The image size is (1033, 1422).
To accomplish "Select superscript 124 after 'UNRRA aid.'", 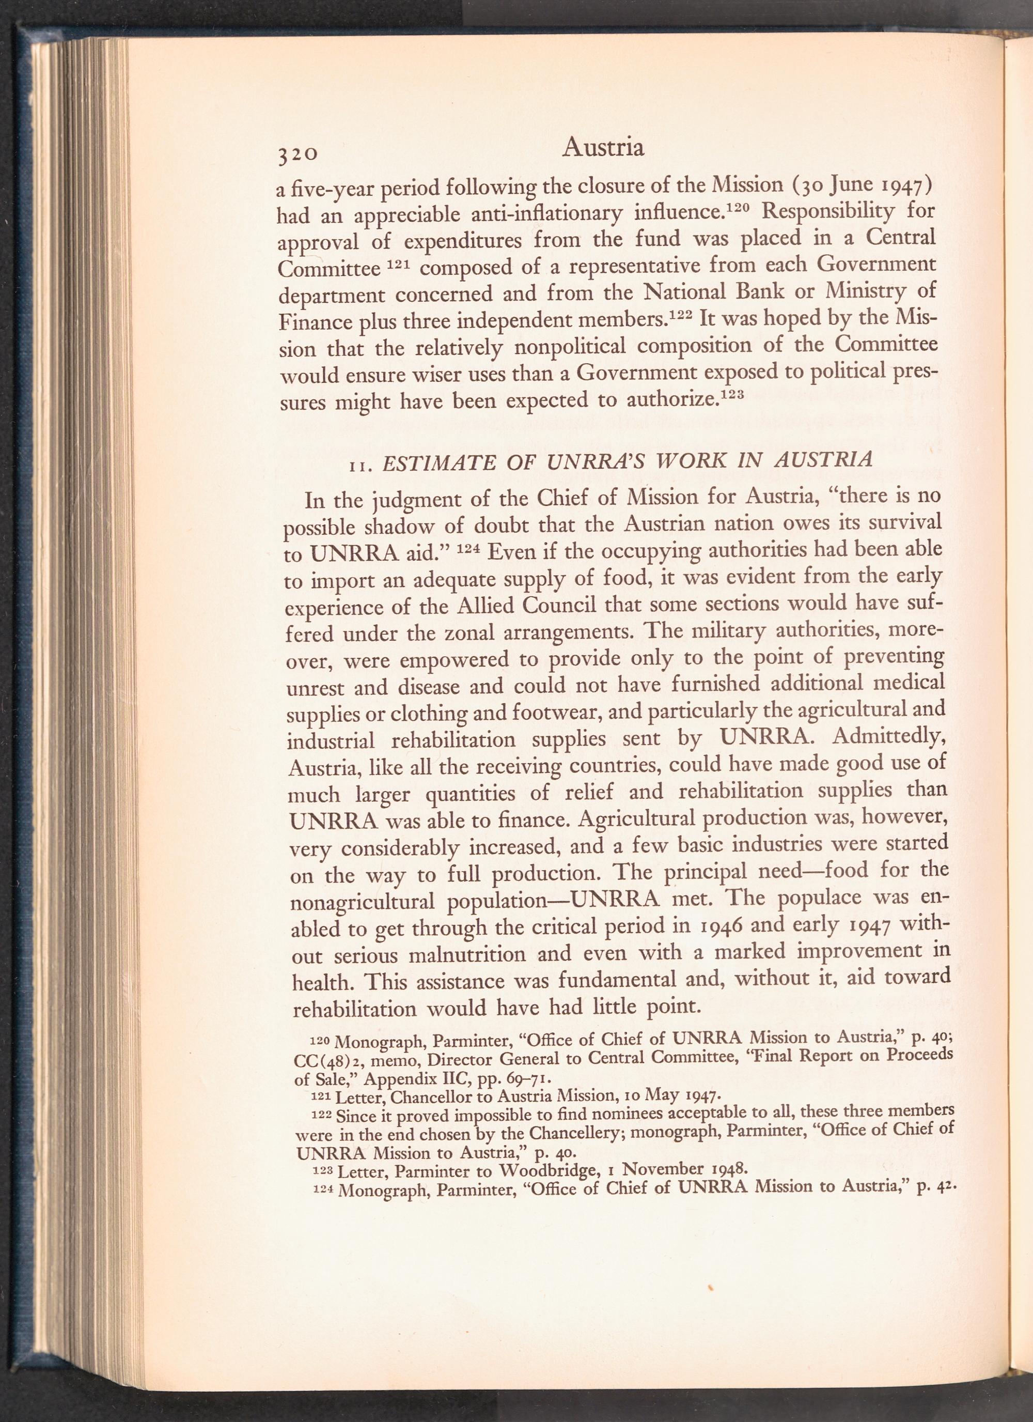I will pyautogui.click(x=469, y=549).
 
